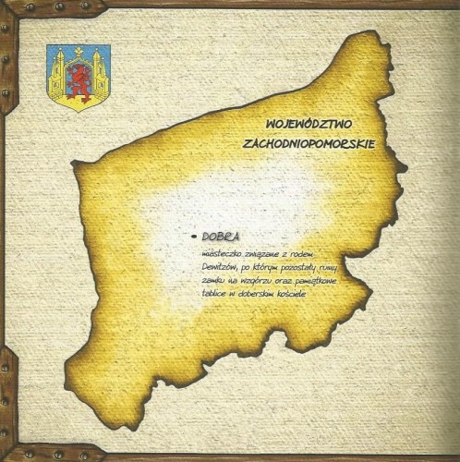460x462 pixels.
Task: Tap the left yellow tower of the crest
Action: click(57, 72)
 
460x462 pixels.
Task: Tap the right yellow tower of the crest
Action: click(100, 72)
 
